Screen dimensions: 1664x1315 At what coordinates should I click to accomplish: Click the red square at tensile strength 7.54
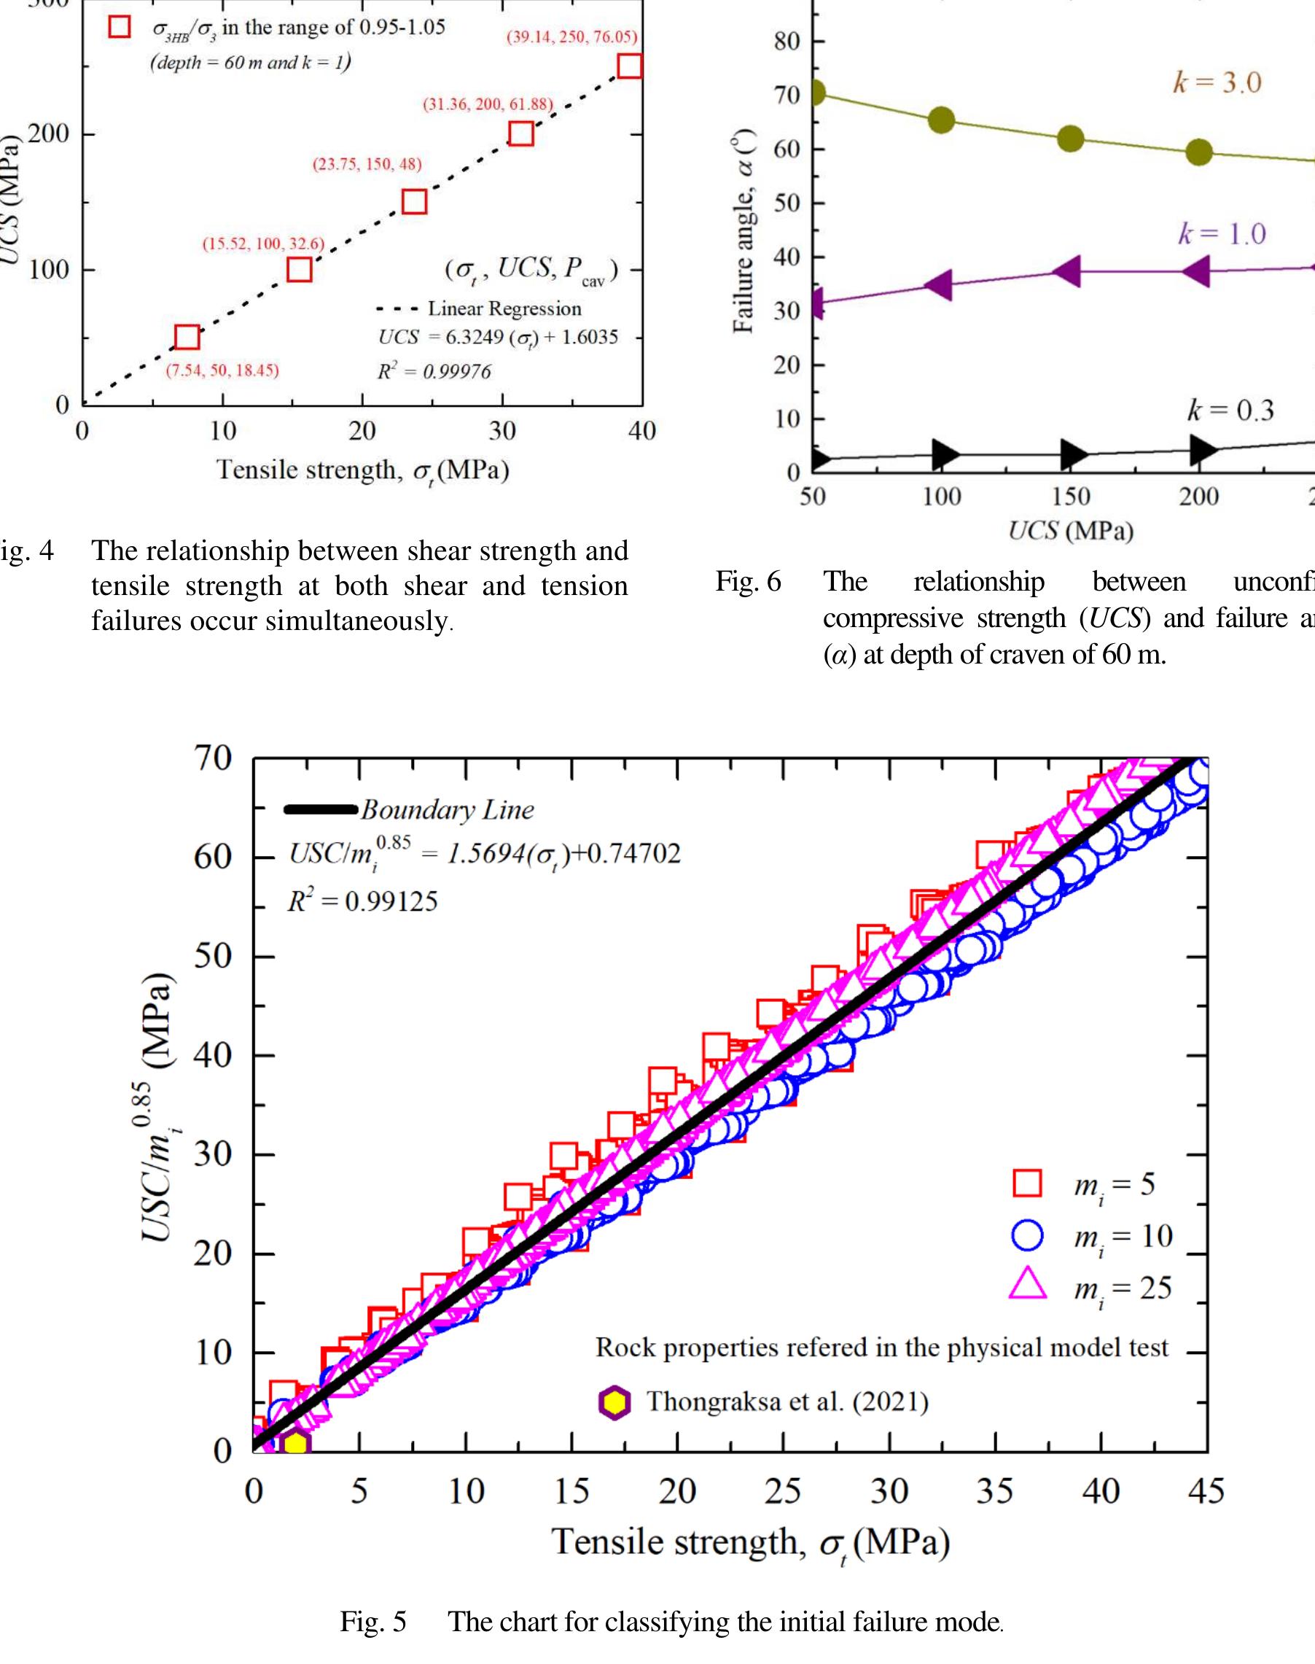click(187, 338)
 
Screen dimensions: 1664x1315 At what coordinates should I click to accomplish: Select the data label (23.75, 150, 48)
click(367, 165)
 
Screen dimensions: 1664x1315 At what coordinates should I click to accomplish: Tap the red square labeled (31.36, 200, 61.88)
click(521, 134)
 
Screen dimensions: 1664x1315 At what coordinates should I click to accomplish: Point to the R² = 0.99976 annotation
click(434, 372)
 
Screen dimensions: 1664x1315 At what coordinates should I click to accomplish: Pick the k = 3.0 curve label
click(1217, 83)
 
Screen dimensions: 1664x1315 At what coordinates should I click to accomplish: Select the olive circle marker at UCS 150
click(1070, 139)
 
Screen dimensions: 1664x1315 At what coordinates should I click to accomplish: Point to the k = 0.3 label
click(1230, 411)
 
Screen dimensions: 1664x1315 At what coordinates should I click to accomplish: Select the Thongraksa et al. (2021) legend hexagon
click(614, 1402)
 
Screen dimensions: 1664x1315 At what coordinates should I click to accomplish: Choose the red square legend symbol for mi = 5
click(1027, 1183)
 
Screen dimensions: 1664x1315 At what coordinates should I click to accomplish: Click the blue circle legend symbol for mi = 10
click(1027, 1236)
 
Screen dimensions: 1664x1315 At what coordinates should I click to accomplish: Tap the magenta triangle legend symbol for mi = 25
click(1027, 1287)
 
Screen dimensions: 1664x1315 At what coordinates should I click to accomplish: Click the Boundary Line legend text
click(448, 810)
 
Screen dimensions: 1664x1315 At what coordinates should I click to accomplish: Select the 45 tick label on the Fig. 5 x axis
click(1206, 1491)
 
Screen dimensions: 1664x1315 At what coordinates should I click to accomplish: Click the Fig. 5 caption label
click(373, 1622)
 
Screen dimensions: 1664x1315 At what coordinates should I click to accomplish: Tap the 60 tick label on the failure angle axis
click(787, 149)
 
